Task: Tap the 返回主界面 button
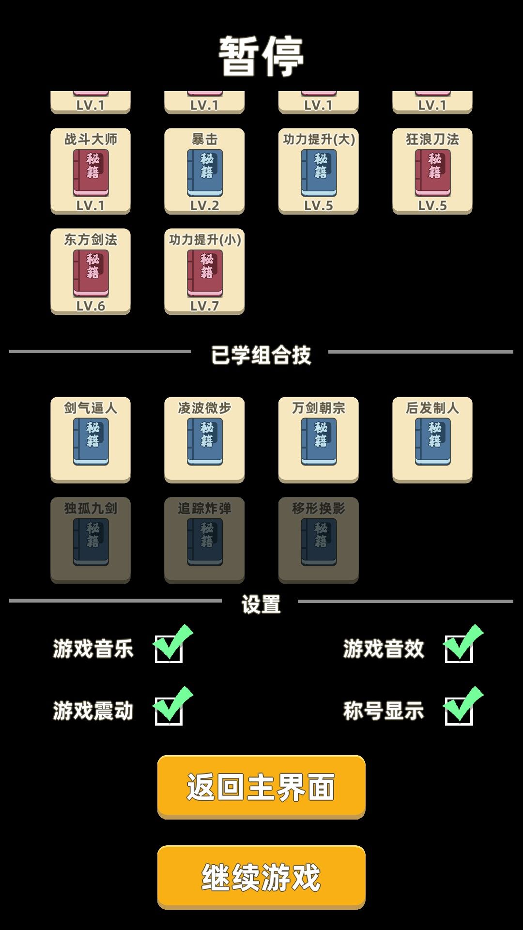click(261, 787)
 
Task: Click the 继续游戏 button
click(261, 877)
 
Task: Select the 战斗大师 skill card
click(91, 171)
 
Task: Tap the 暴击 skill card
click(204, 171)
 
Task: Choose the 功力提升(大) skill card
click(319, 171)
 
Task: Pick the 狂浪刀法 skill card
click(432, 171)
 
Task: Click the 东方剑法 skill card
click(91, 272)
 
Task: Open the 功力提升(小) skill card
click(204, 272)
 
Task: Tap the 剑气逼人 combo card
click(91, 440)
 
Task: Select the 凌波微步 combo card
click(204, 440)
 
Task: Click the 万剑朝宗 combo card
click(319, 440)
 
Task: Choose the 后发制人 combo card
click(432, 440)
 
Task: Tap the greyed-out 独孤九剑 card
click(91, 540)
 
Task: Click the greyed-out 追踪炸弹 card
click(204, 540)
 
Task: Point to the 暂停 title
click(261, 56)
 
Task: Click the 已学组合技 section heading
click(261, 355)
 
